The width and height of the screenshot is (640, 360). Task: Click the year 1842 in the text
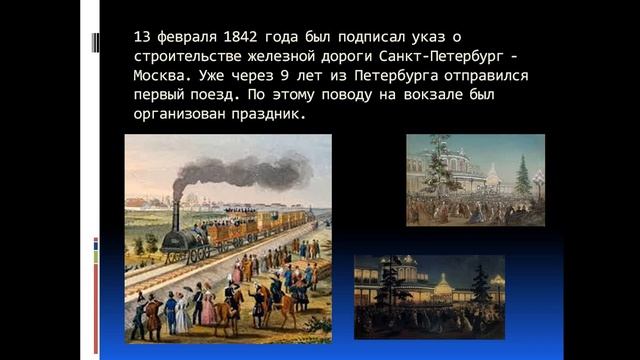(x=229, y=37)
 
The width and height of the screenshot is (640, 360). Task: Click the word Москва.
(x=161, y=75)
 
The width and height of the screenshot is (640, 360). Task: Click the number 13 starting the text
(x=141, y=37)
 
